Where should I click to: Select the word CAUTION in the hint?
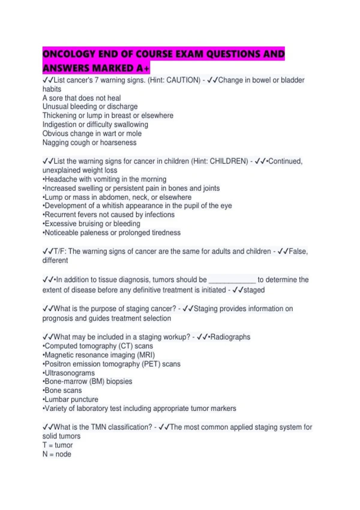(x=183, y=80)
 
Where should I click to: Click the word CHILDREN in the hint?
(x=229, y=161)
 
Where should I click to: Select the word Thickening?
(x=59, y=115)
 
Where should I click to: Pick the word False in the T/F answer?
(x=298, y=251)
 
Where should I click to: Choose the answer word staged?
(x=254, y=290)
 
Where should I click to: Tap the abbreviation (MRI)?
(x=146, y=355)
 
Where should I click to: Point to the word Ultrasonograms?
(x=70, y=373)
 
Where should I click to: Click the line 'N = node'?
(x=57, y=454)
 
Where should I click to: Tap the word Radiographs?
(x=230, y=337)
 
